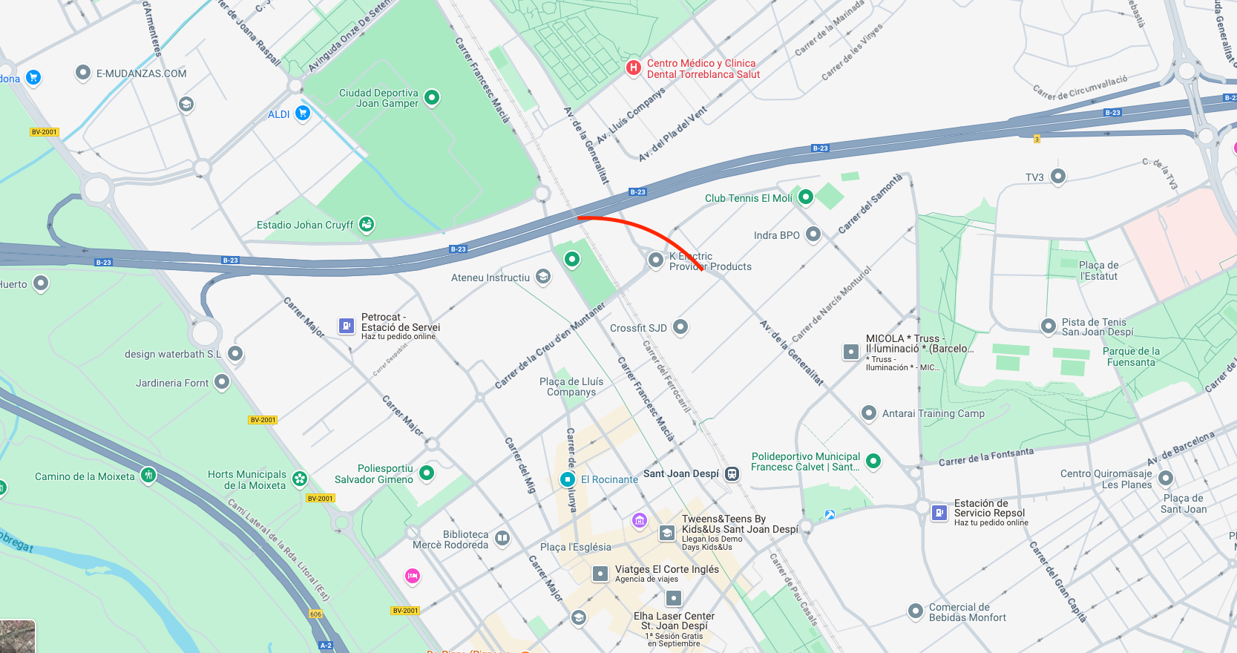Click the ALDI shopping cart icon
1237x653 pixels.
tap(302, 113)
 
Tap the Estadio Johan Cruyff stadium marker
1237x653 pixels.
tap(367, 224)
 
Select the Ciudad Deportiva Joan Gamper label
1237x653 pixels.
tap(378, 98)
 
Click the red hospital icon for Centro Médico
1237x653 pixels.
tap(633, 68)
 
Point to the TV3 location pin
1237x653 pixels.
tap(1058, 176)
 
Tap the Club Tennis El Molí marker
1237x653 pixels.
tap(806, 197)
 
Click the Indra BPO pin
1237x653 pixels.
tap(813, 234)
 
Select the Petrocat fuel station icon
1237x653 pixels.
tap(346, 326)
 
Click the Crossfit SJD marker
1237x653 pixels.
tap(680, 327)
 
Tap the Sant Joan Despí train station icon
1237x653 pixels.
tap(732, 474)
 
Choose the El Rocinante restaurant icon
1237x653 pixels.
tap(568, 479)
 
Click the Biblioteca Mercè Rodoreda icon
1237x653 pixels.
tap(502, 539)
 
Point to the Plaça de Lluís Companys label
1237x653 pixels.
tap(571, 387)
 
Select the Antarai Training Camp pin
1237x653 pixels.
tap(869, 413)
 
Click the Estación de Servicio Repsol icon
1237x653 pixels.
tap(939, 513)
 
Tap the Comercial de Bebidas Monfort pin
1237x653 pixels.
tap(916, 611)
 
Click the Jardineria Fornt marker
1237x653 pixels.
tap(222, 382)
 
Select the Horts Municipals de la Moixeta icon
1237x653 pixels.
tap(300, 479)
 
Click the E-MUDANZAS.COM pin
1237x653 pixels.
tap(83, 73)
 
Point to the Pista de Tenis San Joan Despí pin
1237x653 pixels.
tap(1049, 326)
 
